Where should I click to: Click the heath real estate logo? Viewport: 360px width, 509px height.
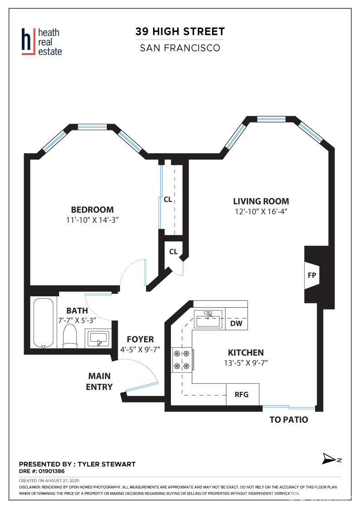point(41,42)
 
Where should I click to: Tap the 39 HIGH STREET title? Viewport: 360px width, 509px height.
point(180,31)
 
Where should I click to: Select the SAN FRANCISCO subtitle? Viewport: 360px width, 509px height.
point(180,48)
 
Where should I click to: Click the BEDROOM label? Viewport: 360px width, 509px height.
point(93,210)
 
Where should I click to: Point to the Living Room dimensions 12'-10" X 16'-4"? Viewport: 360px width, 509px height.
point(261,212)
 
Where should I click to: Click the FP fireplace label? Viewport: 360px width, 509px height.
point(312,275)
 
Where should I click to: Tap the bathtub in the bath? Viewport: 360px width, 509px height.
point(43,323)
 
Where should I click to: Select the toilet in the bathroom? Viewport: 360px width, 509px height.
point(70,335)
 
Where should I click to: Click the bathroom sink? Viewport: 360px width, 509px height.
point(98,338)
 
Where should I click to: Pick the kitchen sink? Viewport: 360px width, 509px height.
point(208,319)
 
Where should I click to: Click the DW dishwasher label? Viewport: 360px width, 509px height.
point(236,323)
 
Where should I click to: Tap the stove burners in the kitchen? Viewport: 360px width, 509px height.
point(182,359)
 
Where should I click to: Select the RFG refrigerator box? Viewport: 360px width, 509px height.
point(242,394)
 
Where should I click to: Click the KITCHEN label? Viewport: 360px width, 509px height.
point(246,353)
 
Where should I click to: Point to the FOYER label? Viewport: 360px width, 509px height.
point(140,339)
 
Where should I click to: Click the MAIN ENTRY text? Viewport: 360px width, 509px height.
point(100,381)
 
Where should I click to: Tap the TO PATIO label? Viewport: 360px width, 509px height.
point(289,419)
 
